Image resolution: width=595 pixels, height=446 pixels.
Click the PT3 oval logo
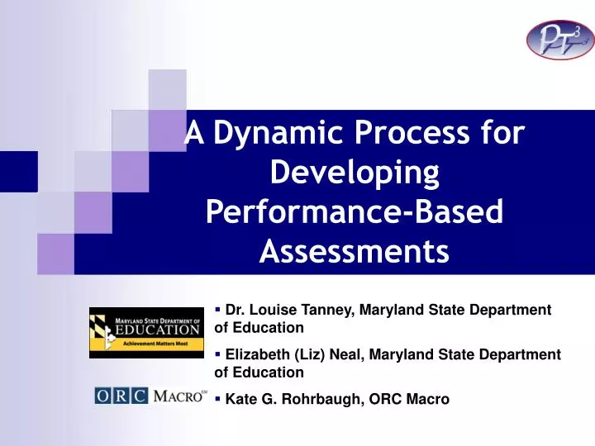559,40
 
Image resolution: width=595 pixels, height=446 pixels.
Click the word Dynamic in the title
276,134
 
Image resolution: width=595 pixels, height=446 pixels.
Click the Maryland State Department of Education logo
146,332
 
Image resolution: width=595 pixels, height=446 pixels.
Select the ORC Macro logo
150,396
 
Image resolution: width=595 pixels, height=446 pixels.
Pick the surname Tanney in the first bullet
330,310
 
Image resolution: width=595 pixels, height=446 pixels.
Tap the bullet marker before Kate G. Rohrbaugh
217,398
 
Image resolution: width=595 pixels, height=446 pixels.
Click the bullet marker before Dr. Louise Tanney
217,309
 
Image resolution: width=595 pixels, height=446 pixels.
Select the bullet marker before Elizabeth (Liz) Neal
217,353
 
